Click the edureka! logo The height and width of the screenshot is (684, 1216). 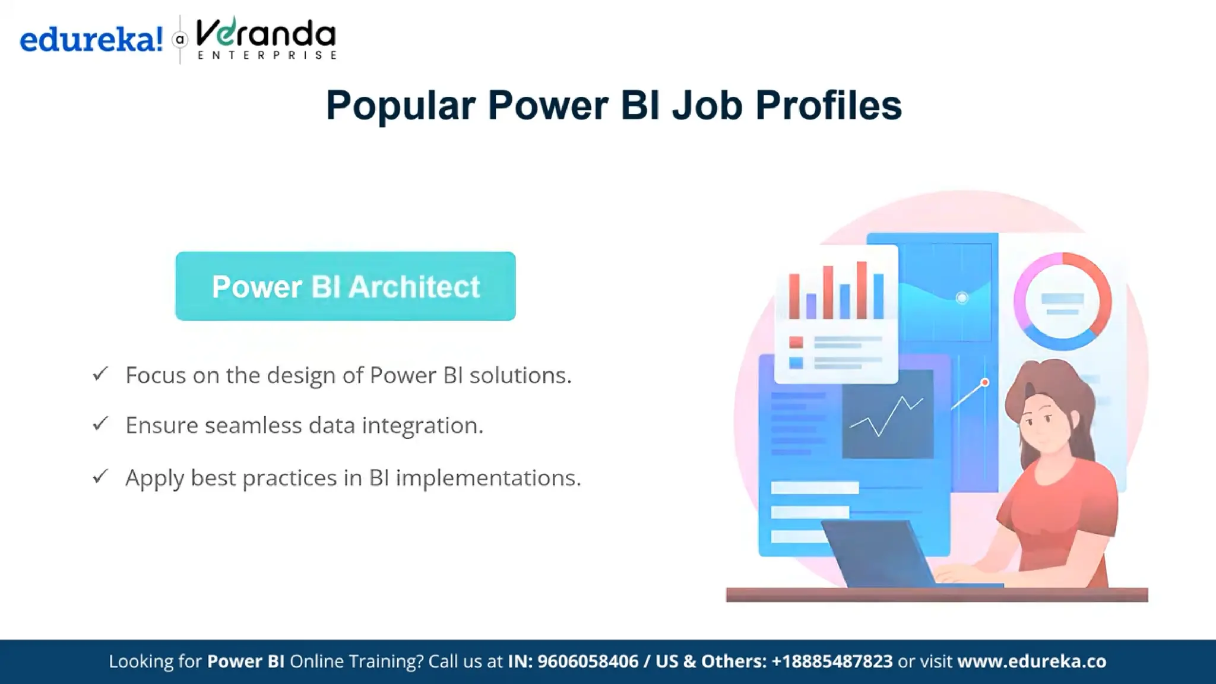(91, 40)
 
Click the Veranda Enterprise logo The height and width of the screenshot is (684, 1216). (265, 39)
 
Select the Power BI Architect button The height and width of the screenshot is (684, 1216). (345, 286)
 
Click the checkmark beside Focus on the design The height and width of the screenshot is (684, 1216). (100, 374)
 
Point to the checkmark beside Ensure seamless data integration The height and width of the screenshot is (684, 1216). (100, 424)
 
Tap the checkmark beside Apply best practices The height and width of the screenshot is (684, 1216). (100, 476)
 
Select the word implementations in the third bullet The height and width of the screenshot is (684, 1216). (488, 478)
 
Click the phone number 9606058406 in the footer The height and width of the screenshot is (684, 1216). (587, 661)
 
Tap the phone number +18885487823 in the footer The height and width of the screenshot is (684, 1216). (832, 661)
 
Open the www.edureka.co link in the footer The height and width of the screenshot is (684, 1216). (1031, 661)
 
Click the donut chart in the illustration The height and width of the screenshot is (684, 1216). (1062, 300)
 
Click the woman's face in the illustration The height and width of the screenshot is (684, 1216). (1043, 420)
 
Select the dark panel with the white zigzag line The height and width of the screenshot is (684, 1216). (888, 414)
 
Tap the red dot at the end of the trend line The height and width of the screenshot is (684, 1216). (985, 383)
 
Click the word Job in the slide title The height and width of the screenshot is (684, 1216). (707, 106)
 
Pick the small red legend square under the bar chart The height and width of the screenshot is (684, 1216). (796, 342)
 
